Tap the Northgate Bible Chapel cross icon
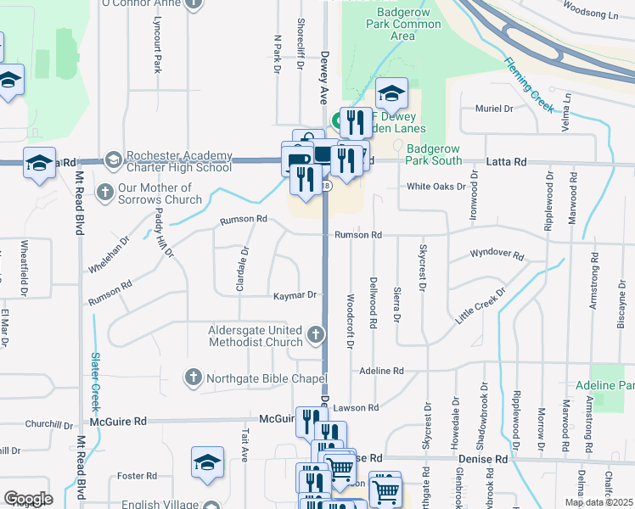[194, 377]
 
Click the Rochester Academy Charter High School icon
[113, 159]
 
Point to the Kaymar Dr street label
[295, 295]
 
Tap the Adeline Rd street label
[381, 371]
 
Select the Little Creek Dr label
[480, 304]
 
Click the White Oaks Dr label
[436, 187]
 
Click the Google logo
[28, 499]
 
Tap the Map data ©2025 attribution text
[598, 502]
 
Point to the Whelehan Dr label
[109, 255]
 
